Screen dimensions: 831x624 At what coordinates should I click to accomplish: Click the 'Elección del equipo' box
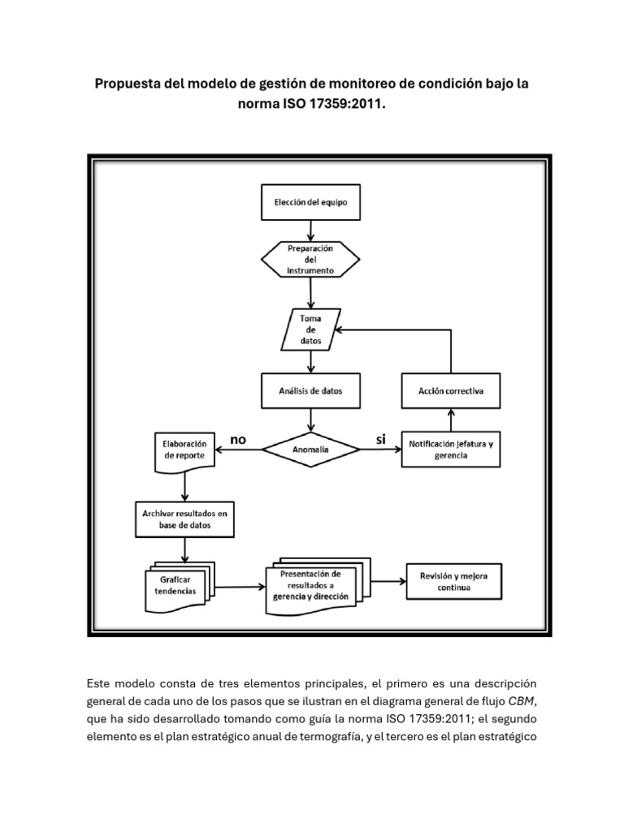pyautogui.click(x=310, y=203)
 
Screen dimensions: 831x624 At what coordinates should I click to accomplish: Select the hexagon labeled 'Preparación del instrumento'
pyautogui.click(x=310, y=260)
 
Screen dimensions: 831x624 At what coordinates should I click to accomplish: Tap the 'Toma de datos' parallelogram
pyautogui.click(x=310, y=330)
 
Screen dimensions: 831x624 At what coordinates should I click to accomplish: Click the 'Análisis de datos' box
pyautogui.click(x=310, y=390)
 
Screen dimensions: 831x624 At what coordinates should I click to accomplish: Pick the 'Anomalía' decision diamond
pyautogui.click(x=310, y=450)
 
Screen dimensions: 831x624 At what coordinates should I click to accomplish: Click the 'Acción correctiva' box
pyautogui.click(x=451, y=390)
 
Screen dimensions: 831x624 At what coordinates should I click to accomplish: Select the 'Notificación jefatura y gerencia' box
pyautogui.click(x=451, y=450)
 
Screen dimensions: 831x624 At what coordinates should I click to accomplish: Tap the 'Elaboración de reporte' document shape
pyautogui.click(x=185, y=451)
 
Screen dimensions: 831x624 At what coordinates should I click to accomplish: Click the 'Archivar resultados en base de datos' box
pyautogui.click(x=185, y=519)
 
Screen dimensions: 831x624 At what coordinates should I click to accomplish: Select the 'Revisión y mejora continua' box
pyautogui.click(x=453, y=581)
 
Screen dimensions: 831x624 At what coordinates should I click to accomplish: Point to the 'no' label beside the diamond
pyautogui.click(x=237, y=439)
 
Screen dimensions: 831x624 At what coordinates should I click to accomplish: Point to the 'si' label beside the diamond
pyautogui.click(x=379, y=439)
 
